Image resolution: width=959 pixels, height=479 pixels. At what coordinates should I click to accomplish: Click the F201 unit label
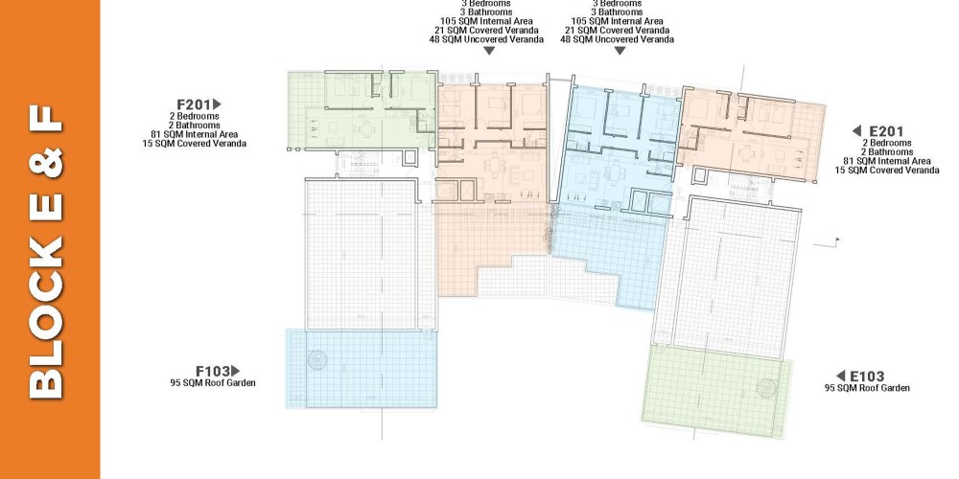pos(194,104)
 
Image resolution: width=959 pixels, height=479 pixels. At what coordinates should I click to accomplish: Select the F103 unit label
pos(213,371)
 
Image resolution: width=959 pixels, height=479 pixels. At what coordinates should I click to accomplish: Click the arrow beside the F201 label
pos(217,104)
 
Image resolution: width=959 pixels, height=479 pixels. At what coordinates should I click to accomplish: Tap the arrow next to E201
pos(856,130)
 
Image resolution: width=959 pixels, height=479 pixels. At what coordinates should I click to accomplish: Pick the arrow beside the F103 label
pos(236,371)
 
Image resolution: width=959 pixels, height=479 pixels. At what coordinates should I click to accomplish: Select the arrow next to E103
pos(840,376)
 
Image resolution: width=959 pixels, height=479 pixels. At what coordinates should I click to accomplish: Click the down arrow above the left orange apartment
pos(489,52)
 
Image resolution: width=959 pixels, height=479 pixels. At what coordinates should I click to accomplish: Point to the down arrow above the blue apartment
pos(620,52)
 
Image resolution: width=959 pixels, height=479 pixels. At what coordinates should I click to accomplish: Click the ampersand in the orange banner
pos(46,163)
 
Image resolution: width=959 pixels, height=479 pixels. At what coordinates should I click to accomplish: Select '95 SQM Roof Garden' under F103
pos(213,383)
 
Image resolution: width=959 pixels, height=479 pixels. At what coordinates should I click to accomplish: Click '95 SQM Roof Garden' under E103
pos(867,388)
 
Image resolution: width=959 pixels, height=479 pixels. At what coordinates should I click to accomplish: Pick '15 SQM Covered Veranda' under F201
pos(195,144)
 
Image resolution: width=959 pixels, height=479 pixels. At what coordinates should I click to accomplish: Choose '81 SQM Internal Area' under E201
pos(887,161)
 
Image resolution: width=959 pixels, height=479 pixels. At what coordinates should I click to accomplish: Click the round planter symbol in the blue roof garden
pos(317,360)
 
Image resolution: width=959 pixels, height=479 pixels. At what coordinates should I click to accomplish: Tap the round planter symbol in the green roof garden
pos(765,388)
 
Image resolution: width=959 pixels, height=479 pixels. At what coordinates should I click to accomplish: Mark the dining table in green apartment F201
pos(366,129)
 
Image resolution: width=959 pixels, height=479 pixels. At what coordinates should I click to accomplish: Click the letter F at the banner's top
pos(46,119)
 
